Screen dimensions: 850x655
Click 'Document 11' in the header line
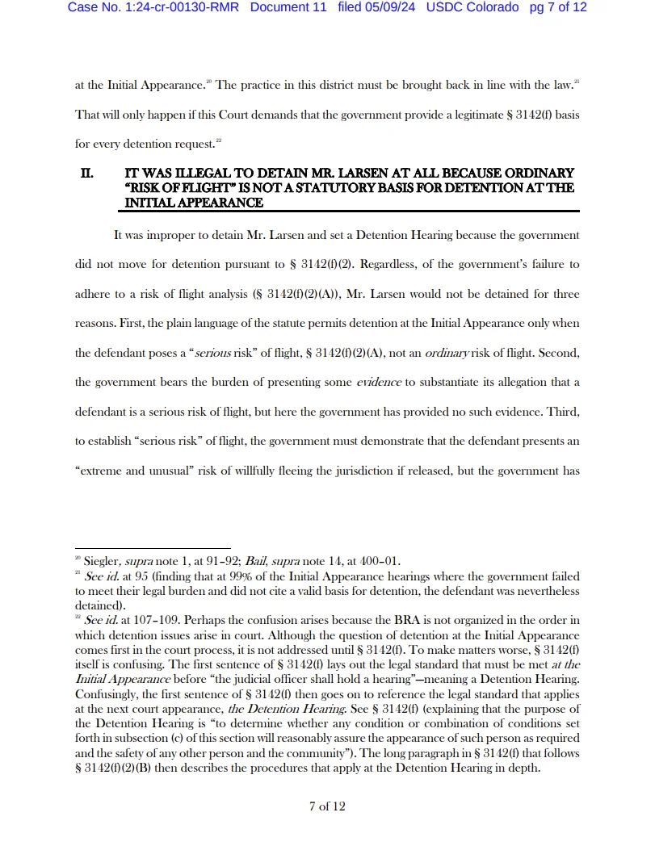[288, 8]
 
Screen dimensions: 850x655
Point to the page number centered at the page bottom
[327, 806]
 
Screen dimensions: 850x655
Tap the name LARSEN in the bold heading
[356, 174]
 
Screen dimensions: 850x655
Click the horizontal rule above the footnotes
[153, 548]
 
